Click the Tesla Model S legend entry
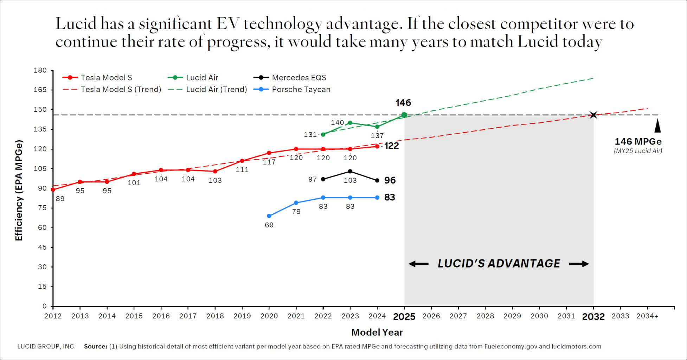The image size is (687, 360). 97,77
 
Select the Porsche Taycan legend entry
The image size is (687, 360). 292,89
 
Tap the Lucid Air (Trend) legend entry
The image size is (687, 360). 207,89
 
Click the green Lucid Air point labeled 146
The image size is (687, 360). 404,115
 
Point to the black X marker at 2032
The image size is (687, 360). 593,115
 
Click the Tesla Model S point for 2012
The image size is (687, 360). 53,189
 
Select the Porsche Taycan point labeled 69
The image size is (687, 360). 269,216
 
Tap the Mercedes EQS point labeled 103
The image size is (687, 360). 350,171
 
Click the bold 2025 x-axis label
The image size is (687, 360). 404,317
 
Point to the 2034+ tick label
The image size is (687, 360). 647,316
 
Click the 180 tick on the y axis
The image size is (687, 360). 40,70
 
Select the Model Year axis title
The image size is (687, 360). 377,332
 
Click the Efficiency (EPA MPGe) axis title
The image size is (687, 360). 19,190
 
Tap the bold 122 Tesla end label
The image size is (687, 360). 391,146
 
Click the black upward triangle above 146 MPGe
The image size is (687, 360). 657,126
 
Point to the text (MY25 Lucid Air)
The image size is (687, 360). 638,151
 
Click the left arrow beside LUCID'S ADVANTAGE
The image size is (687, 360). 418,264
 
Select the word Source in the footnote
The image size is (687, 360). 95,346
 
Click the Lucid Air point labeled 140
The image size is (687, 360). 350,123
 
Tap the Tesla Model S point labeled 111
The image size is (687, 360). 242,161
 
